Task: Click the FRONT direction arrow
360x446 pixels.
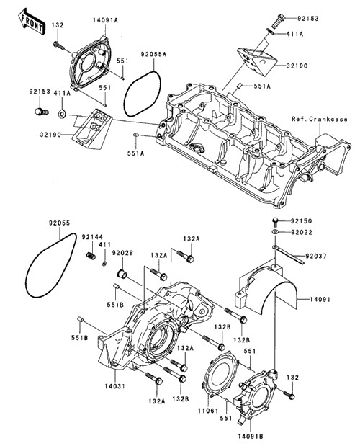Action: click(30, 22)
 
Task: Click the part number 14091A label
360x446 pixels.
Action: click(105, 20)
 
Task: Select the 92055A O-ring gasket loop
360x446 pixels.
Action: click(143, 94)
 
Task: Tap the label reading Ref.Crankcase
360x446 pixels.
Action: click(320, 119)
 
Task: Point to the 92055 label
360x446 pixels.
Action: click(59, 223)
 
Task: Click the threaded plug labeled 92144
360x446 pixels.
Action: click(91, 255)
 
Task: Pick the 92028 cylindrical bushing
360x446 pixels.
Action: click(122, 275)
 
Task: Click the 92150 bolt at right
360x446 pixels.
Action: click(275, 222)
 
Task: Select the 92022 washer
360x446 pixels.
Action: click(275, 232)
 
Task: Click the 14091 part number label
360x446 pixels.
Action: click(320, 299)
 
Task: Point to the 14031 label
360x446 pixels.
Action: click(114, 386)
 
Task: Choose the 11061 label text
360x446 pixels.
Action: click(208, 411)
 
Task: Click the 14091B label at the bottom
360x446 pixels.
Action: click(251, 436)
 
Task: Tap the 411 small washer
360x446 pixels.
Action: click(104, 264)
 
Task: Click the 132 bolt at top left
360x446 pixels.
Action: click(58, 46)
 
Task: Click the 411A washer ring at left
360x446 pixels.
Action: click(62, 115)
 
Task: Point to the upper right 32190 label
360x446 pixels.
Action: click(297, 66)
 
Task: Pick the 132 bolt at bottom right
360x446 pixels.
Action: click(289, 394)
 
